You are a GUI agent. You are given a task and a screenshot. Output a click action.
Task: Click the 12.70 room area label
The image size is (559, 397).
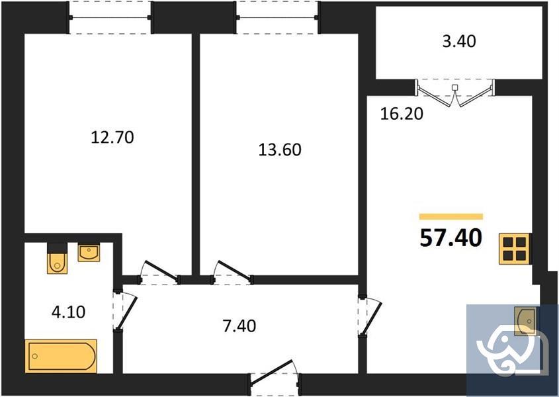point(112,138)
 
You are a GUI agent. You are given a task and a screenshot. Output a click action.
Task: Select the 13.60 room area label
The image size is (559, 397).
point(279,150)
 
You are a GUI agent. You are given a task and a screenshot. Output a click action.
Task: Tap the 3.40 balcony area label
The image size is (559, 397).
point(458,41)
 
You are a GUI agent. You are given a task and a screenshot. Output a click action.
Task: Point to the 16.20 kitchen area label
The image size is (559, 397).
point(402,113)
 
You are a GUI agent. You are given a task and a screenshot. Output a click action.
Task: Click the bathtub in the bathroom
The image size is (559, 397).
point(61,355)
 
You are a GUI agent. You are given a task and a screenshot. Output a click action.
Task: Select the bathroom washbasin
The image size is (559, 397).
point(89,252)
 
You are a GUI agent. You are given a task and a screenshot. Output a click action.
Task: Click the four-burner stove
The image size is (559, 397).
point(514,249)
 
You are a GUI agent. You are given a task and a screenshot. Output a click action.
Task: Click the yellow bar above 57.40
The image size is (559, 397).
point(451,216)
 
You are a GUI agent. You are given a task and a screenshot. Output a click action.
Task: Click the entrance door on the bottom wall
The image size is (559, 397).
point(274,375)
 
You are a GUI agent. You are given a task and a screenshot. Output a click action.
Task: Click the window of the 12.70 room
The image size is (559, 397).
point(111,17)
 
